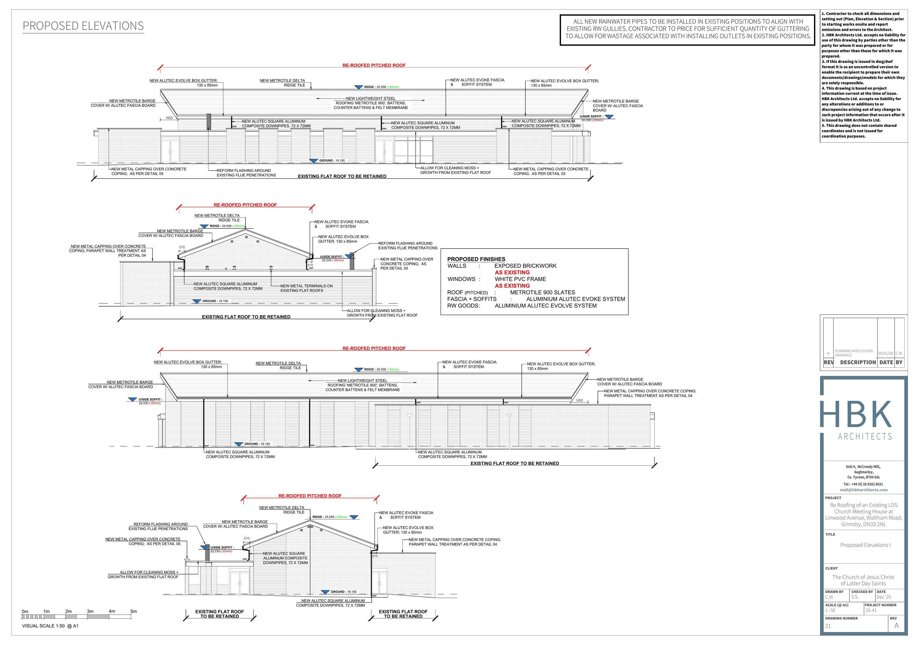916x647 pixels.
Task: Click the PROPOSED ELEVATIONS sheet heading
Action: pyautogui.click(x=83, y=26)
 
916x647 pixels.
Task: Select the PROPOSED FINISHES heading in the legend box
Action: pyautogui.click(x=476, y=259)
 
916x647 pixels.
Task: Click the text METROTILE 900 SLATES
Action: pyautogui.click(x=542, y=293)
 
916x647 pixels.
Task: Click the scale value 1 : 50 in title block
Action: pyautogui.click(x=830, y=610)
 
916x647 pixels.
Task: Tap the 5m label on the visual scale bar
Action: pyautogui.click(x=134, y=611)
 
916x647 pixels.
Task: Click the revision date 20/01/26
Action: pyautogui.click(x=885, y=353)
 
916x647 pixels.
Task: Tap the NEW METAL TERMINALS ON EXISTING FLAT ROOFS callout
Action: pyautogui.click(x=306, y=288)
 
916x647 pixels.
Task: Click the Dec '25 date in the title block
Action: pyautogui.click(x=884, y=597)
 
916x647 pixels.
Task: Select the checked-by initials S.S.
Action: pyautogui.click(x=855, y=597)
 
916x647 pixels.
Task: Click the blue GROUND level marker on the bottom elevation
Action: pyautogui.click(x=325, y=592)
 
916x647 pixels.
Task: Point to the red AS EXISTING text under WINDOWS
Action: pyautogui.click(x=512, y=285)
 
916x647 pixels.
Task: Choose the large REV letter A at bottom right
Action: pyautogui.click(x=896, y=625)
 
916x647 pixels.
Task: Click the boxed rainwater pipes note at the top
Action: pyautogui.click(x=687, y=29)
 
